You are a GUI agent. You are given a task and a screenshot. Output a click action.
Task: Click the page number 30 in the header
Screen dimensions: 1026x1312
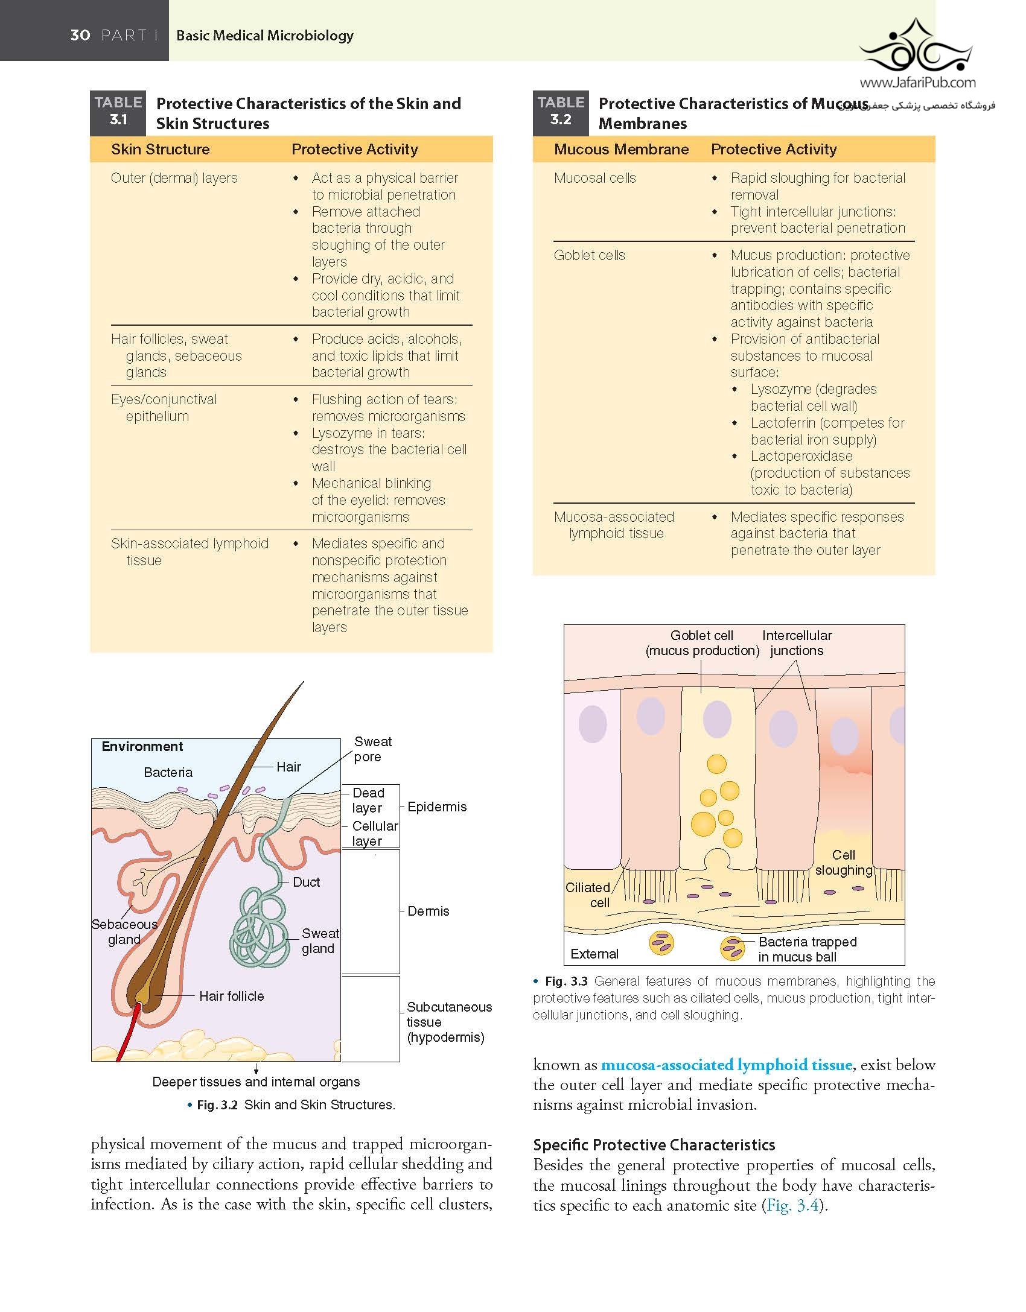pyautogui.click(x=80, y=35)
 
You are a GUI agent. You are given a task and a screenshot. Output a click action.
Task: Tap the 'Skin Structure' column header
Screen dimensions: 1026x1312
pyautogui.click(x=161, y=149)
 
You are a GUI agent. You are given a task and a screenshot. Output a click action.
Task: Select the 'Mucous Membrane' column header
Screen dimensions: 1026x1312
pyautogui.click(x=621, y=149)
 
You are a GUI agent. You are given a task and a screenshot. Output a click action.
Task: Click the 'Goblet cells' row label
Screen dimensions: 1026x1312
pyautogui.click(x=590, y=255)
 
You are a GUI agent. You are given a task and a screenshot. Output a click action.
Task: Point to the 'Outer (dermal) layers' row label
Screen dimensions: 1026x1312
pyautogui.click(x=174, y=178)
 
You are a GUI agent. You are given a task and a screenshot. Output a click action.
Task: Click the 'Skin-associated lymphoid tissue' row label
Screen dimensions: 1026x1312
pyautogui.click(x=190, y=552)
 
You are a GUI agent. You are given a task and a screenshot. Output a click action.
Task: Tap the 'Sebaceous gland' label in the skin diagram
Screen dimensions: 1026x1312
pyautogui.click(x=124, y=931)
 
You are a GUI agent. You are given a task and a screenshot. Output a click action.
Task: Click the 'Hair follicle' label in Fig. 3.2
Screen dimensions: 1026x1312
pyautogui.click(x=232, y=996)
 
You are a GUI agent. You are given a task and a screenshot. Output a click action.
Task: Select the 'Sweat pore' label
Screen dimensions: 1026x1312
pyautogui.click(x=372, y=749)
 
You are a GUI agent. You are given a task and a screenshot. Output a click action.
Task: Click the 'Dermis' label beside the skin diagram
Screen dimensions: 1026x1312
pyautogui.click(x=429, y=911)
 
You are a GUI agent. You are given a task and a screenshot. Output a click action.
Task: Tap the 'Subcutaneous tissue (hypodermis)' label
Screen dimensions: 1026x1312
pyautogui.click(x=449, y=1022)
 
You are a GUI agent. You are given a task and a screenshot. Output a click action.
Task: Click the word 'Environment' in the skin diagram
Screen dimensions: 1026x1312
pyautogui.click(x=142, y=746)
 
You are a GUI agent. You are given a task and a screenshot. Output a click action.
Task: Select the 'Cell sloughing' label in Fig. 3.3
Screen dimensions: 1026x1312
pyautogui.click(x=844, y=862)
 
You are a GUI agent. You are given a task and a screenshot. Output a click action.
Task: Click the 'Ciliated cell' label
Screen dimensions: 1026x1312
pyautogui.click(x=588, y=895)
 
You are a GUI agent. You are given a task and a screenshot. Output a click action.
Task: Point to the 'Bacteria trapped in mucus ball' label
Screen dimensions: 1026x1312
pyautogui.click(x=808, y=949)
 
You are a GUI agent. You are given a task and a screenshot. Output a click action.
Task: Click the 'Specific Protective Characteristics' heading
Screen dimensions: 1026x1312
pyautogui.click(x=654, y=1145)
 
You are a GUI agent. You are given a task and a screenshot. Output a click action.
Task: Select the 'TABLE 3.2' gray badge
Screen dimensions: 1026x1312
pyautogui.click(x=560, y=113)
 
